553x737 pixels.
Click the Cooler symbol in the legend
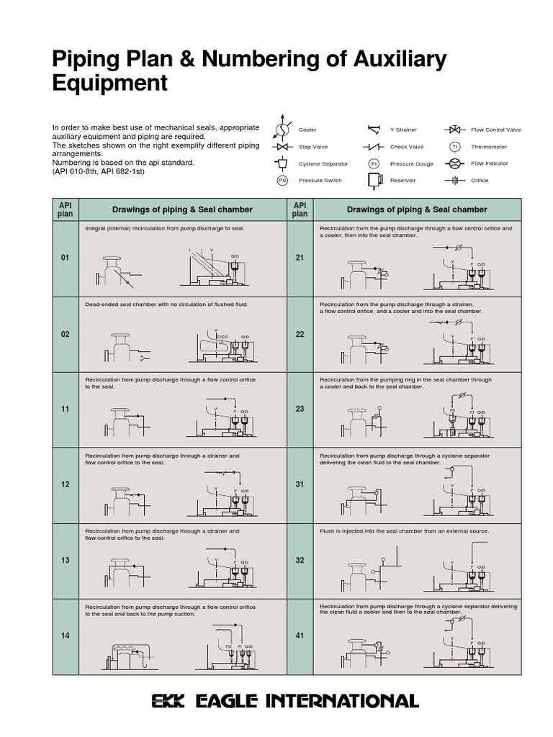click(282, 130)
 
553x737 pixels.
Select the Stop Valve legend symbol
click(282, 147)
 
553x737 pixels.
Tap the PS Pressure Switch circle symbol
click(282, 181)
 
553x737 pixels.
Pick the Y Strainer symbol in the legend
click(374, 130)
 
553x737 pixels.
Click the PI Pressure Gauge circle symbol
click(374, 164)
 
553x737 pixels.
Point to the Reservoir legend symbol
click(374, 181)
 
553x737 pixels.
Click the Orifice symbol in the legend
click(454, 181)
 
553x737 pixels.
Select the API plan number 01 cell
click(65, 258)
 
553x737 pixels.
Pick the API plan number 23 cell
click(300, 409)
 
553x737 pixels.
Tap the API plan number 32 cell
click(300, 560)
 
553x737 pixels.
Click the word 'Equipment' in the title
click(109, 83)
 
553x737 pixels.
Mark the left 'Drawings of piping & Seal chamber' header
click(182, 209)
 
